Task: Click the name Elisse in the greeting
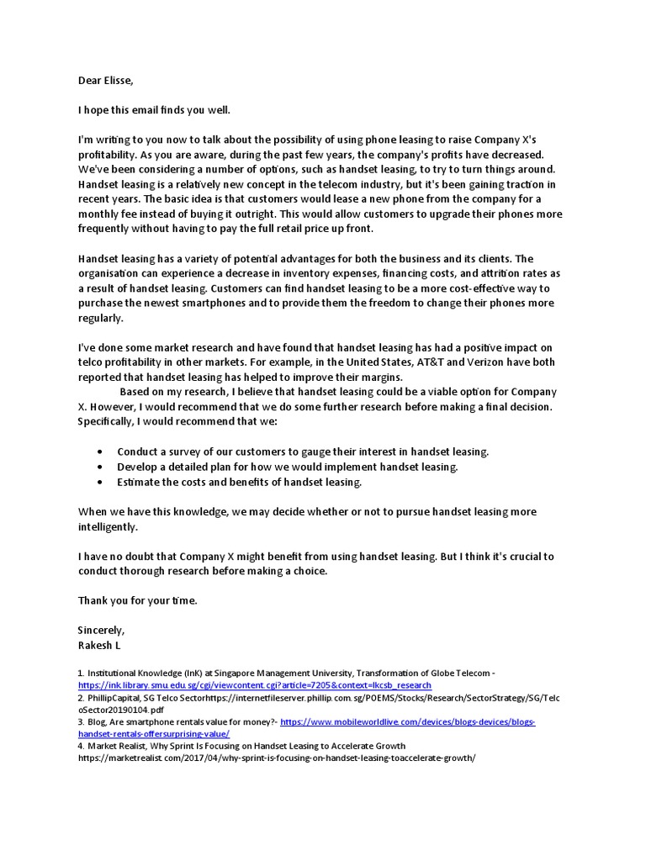point(119,81)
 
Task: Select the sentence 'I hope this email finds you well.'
point(153,110)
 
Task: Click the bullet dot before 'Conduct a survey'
point(100,452)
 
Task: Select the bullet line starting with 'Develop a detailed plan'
point(288,467)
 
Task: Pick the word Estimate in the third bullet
point(141,482)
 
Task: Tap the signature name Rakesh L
point(100,645)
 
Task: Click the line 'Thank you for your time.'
point(137,600)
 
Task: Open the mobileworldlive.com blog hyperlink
point(407,721)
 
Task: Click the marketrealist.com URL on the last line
point(277,757)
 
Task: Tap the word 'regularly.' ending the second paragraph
point(101,318)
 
